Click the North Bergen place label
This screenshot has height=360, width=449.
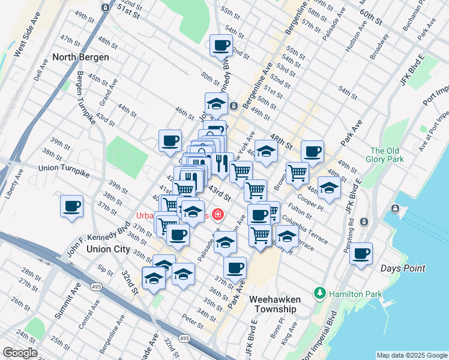80,58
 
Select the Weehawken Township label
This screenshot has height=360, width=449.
273,304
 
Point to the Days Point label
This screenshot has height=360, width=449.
402,268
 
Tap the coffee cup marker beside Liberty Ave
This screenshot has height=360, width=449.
72,206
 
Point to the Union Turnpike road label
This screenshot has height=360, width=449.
64,171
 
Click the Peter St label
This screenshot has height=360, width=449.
193,322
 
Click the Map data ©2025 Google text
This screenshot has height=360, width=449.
412,355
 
